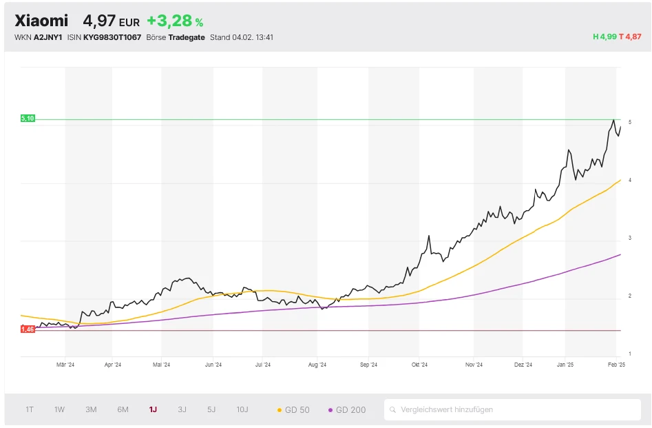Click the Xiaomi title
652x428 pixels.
[x=41, y=21]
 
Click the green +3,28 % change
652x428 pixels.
[x=175, y=21]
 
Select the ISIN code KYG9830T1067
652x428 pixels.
[x=112, y=37]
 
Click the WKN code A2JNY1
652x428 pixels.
[x=48, y=37]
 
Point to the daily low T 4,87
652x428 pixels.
[x=630, y=37]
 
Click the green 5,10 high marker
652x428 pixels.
[x=28, y=119]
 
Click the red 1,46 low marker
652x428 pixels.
[x=28, y=329]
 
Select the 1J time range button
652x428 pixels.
[x=153, y=409]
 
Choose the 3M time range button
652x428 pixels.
[x=91, y=409]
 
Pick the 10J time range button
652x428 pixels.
[x=242, y=409]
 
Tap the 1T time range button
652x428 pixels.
[x=30, y=409]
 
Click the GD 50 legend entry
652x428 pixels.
[x=293, y=410]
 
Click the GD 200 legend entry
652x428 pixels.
[x=347, y=410]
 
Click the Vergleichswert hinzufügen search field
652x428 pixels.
[x=512, y=409]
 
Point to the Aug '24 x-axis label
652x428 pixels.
[x=317, y=365]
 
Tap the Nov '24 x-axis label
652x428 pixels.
[x=474, y=365]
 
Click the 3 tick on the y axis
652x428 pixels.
[x=630, y=238]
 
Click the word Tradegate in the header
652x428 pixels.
[x=187, y=37]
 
